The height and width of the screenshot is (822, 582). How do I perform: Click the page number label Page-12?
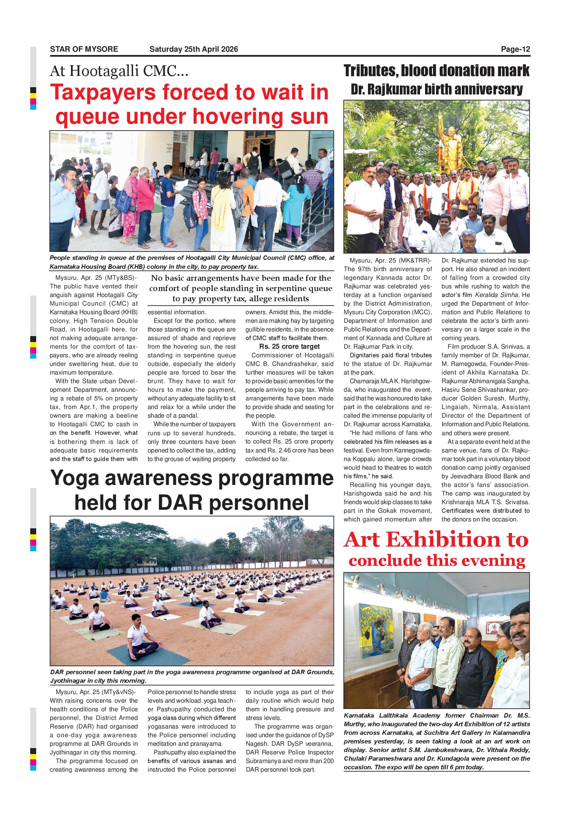click(x=515, y=49)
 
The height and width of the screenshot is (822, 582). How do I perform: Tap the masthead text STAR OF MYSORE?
click(x=84, y=49)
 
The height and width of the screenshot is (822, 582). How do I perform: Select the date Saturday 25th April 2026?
click(x=193, y=49)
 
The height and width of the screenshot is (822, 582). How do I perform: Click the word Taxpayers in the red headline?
click(x=103, y=92)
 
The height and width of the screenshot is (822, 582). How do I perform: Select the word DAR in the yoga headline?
click(x=178, y=503)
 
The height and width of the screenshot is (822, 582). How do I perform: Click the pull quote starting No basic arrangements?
click(x=241, y=288)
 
